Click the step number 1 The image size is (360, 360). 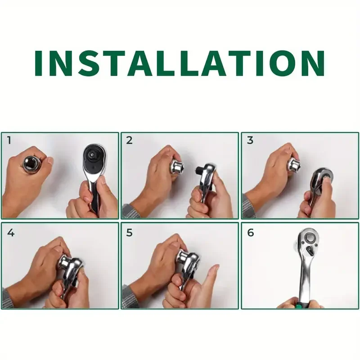tap(9, 140)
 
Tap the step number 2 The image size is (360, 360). tap(129, 140)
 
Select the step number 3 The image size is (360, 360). tap(250, 140)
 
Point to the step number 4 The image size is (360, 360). tap(11, 233)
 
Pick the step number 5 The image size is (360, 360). tap(129, 233)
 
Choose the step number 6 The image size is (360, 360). tap(250, 233)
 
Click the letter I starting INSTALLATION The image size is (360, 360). tap(38, 63)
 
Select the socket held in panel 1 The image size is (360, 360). tap(31, 165)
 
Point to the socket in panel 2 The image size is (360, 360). tap(177, 167)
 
